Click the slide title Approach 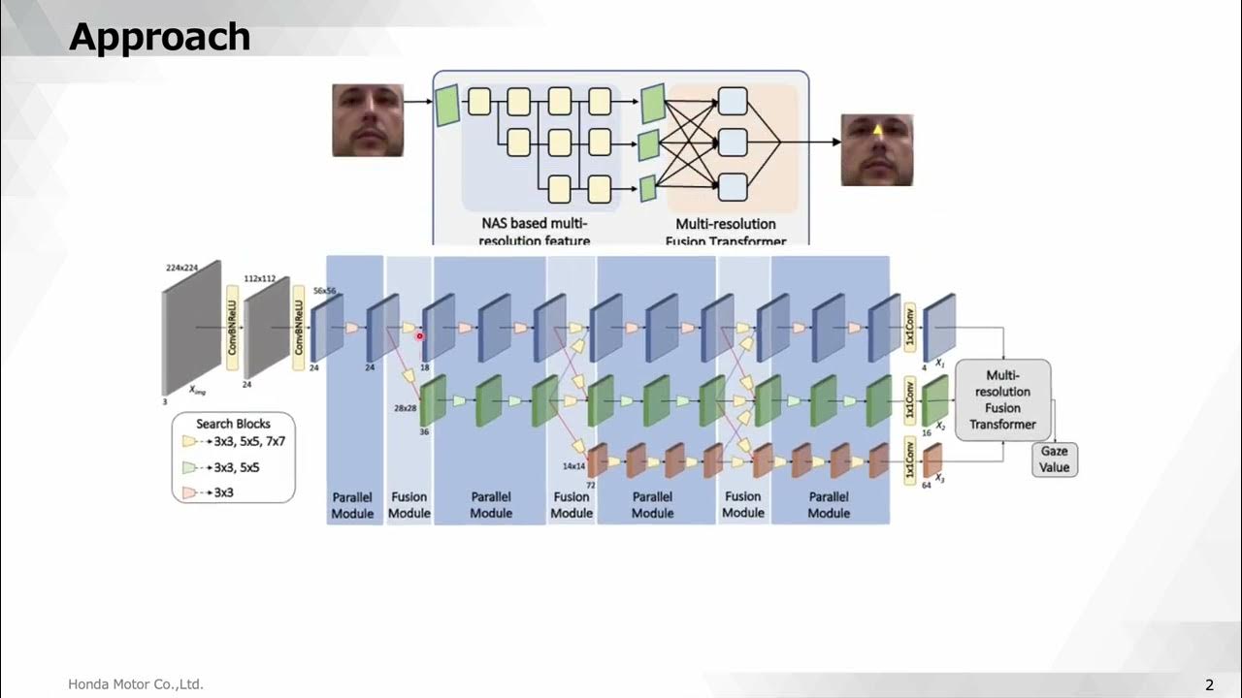(160, 37)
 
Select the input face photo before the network (368, 120)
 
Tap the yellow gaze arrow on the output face (878, 129)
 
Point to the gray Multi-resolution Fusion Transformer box (1002, 399)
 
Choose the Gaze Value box (1054, 460)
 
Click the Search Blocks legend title (233, 424)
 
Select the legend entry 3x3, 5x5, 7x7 (249, 441)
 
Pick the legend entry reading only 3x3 (223, 492)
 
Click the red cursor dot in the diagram (419, 336)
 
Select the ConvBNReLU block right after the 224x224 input (232, 328)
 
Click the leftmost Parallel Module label (352, 505)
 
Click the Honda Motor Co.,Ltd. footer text (136, 684)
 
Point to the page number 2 (1209, 685)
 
